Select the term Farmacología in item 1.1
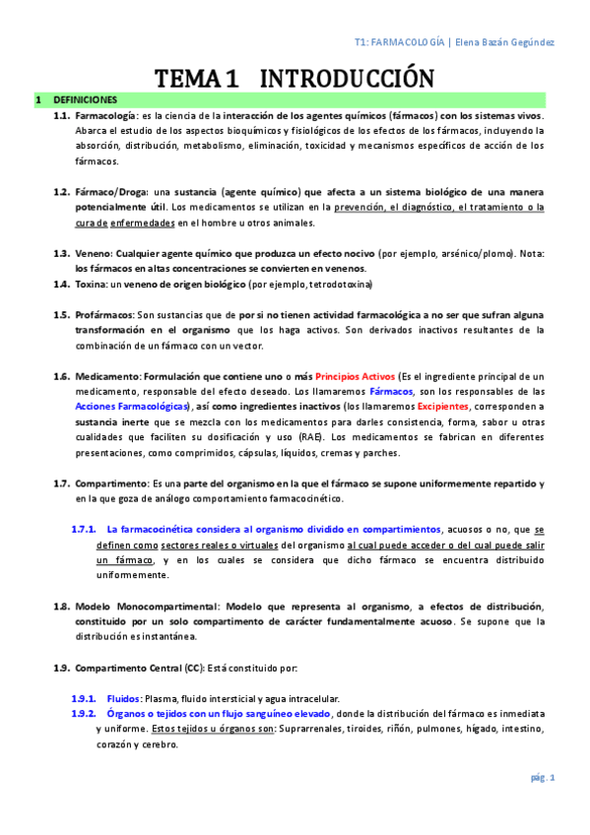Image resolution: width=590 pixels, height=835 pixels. click(107, 115)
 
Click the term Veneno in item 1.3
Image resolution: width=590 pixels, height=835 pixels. click(94, 253)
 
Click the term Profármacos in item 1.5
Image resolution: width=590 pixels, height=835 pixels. click(104, 314)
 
